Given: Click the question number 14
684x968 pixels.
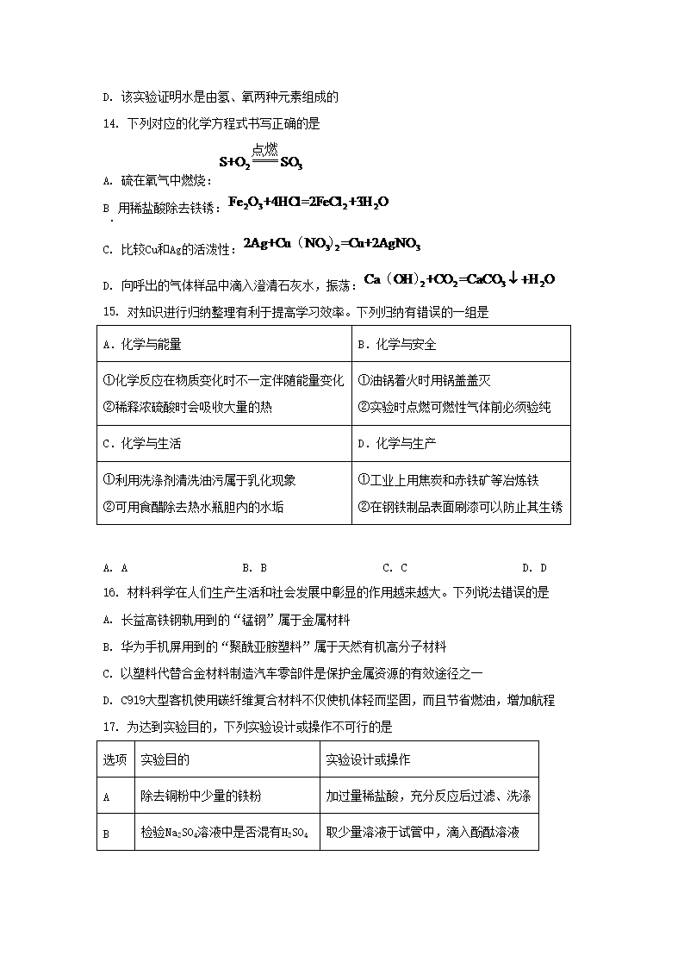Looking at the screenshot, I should pos(109,123).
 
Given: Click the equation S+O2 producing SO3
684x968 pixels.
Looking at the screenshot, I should pos(260,160).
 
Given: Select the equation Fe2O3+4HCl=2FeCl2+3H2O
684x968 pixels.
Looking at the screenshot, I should pos(308,202).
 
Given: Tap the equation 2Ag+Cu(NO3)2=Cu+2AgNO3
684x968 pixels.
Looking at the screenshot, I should pos(332,244).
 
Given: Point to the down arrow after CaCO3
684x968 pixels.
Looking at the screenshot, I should pos(513,279).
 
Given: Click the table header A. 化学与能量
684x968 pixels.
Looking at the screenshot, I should pos(142,344).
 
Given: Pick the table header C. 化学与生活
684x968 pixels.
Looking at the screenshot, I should pos(142,444).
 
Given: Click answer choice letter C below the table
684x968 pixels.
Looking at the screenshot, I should pos(388,567).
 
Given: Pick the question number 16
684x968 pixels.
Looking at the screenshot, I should pos(109,592).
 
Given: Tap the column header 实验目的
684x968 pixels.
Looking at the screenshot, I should pos(165,759).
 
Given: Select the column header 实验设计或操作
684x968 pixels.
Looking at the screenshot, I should pos(368,759).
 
